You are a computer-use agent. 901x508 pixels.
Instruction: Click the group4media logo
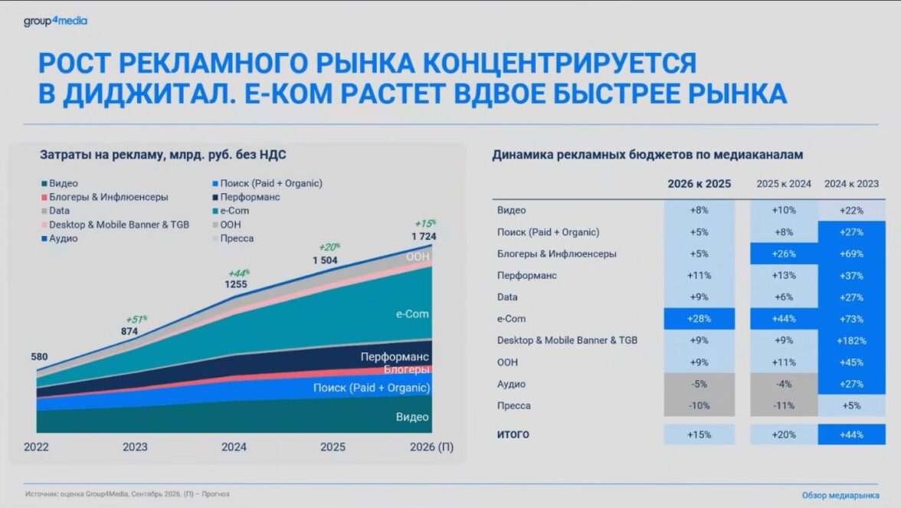pyautogui.click(x=55, y=21)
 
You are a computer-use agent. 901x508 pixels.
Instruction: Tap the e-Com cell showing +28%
pyautogui.click(x=699, y=319)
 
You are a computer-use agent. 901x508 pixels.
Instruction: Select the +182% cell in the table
pyautogui.click(x=851, y=340)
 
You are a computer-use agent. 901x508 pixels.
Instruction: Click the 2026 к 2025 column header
pyautogui.click(x=699, y=184)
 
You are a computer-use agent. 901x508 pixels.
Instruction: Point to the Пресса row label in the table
pyautogui.click(x=513, y=406)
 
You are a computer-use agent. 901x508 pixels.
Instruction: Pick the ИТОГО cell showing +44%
pyautogui.click(x=851, y=434)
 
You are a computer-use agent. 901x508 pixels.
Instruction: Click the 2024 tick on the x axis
pyautogui.click(x=234, y=447)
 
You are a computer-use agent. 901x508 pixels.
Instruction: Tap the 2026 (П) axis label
pyautogui.click(x=431, y=447)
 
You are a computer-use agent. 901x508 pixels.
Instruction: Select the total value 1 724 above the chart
pyautogui.click(x=424, y=236)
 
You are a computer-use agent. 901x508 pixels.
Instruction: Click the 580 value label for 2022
pyautogui.click(x=39, y=357)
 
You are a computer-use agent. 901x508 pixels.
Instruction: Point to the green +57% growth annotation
pyautogui.click(x=136, y=320)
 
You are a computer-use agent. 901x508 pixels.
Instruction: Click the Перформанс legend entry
pyautogui.click(x=246, y=197)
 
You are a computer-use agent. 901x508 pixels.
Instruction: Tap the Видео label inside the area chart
pyautogui.click(x=412, y=417)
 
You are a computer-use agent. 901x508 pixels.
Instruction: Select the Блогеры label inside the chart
pyautogui.click(x=406, y=369)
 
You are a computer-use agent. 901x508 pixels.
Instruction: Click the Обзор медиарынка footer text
pyautogui.click(x=840, y=495)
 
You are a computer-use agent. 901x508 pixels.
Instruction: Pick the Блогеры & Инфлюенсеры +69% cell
pyautogui.click(x=851, y=254)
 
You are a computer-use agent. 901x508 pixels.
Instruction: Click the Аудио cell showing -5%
pyautogui.click(x=699, y=384)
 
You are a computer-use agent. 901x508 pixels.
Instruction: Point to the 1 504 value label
pyautogui.click(x=325, y=261)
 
